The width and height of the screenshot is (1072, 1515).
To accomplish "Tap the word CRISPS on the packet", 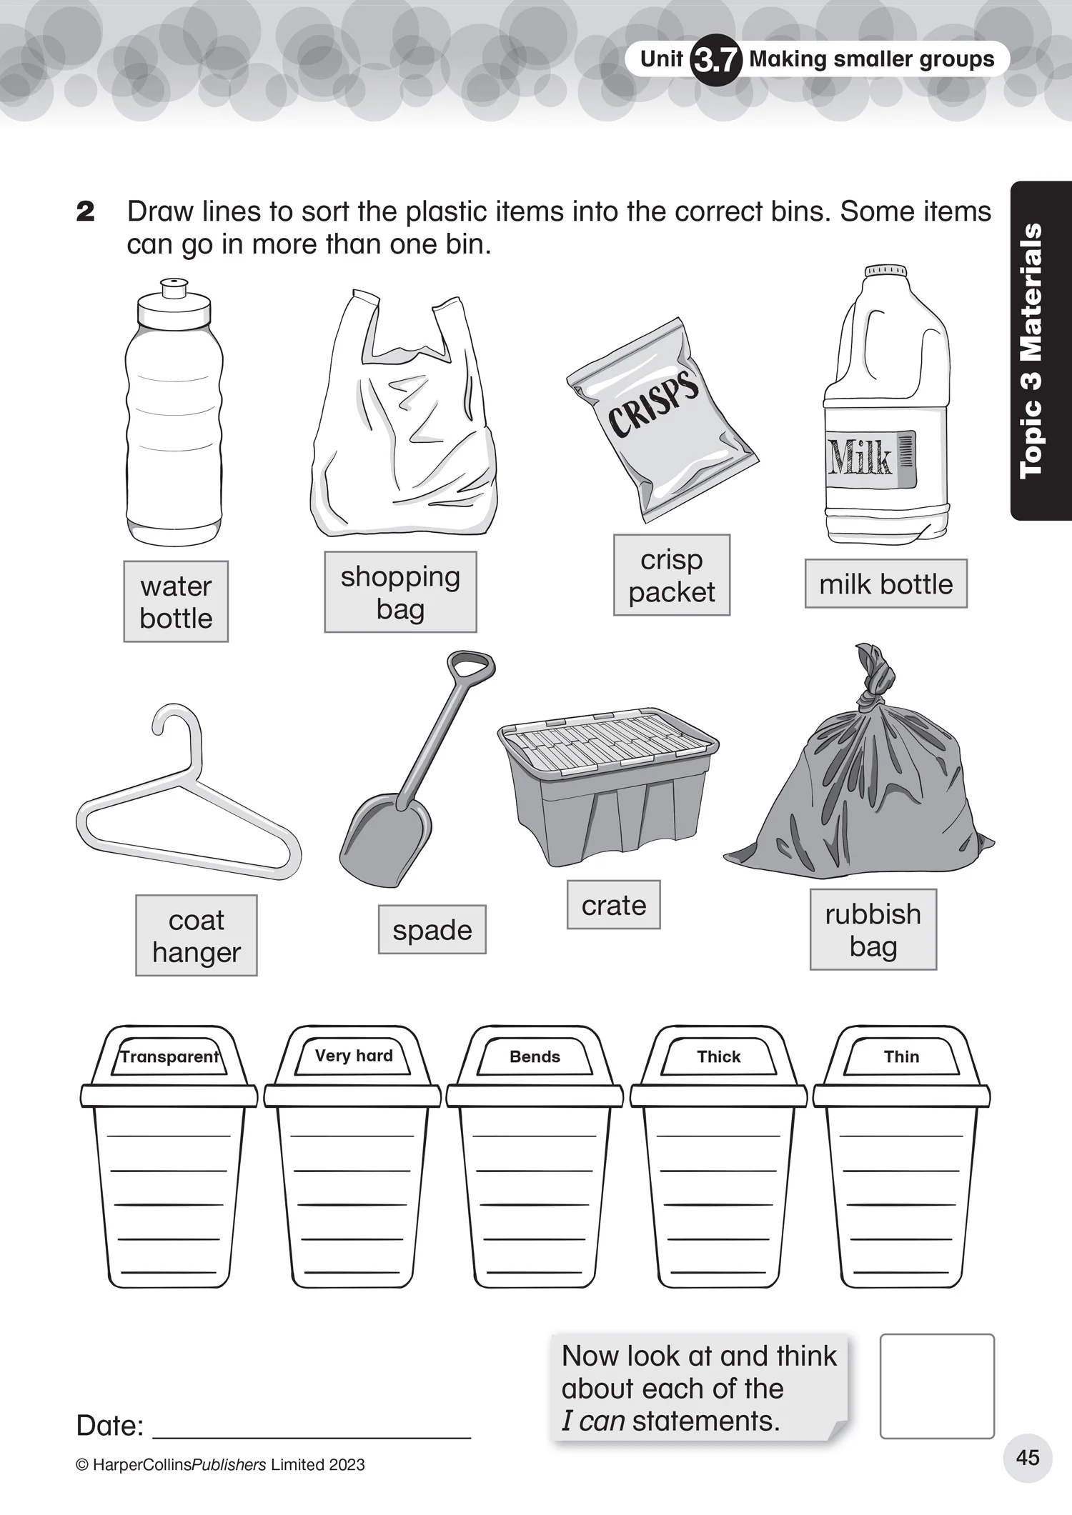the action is (653, 404).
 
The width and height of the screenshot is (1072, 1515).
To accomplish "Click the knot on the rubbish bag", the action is (876, 676).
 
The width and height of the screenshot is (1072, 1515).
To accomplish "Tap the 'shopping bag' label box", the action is (400, 592).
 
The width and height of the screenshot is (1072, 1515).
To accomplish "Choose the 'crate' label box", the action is (614, 905).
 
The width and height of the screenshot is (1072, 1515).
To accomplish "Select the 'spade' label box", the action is (432, 930).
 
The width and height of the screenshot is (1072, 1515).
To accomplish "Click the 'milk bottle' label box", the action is (886, 584).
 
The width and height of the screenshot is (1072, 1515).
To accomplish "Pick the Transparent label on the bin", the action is (169, 1057).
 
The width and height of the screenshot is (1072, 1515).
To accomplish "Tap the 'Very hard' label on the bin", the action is (354, 1056).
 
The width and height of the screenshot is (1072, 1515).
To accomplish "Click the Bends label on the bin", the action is (535, 1057).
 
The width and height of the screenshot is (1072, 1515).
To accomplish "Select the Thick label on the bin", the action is (719, 1057).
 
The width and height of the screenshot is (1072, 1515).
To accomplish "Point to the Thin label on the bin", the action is (902, 1057).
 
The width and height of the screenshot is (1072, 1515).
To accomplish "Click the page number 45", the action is (1028, 1458).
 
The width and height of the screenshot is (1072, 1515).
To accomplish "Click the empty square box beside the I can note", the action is (937, 1386).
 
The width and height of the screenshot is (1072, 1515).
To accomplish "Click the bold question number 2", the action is (85, 211).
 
